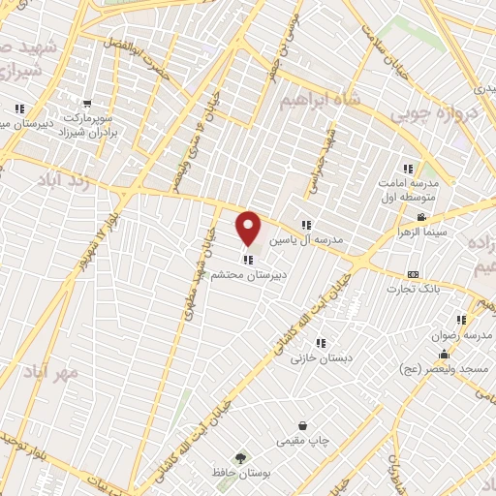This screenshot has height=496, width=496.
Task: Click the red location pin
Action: [249, 228]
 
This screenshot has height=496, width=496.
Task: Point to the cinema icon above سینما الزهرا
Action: [420, 217]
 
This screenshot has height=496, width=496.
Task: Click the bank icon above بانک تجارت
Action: [414, 274]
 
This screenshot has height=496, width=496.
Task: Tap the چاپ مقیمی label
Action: [303, 442]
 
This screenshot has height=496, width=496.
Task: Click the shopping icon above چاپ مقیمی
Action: [302, 425]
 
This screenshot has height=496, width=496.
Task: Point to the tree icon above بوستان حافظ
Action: [239, 456]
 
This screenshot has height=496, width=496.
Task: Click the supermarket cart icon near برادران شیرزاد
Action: [88, 104]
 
